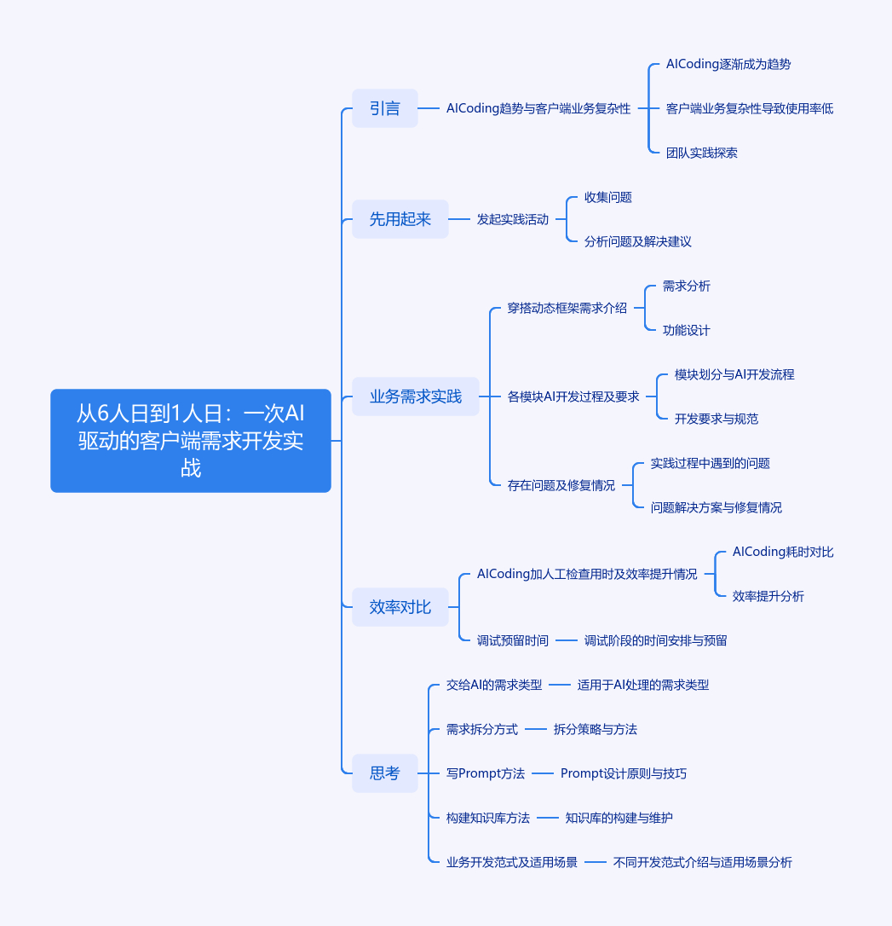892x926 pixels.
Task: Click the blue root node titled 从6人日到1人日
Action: coord(191,441)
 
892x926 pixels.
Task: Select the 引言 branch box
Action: coord(384,108)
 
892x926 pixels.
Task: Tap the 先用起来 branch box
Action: coord(400,219)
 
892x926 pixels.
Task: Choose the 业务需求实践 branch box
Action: coord(415,396)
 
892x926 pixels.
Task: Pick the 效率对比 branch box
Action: coord(400,607)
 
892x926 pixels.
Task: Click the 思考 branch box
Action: coord(384,773)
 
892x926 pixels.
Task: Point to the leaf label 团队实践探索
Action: coord(701,153)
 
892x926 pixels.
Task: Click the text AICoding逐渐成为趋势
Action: coord(728,64)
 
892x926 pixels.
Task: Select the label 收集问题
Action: coord(607,197)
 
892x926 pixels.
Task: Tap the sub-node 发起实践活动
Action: coord(513,220)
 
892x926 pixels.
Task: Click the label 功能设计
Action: coord(686,331)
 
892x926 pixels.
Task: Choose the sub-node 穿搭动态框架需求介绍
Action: coord(567,309)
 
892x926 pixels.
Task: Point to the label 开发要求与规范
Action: coord(716,420)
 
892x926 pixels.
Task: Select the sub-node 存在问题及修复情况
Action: coord(561,485)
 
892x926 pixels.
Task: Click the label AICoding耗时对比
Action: coord(783,553)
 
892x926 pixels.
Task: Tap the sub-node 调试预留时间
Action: coord(513,640)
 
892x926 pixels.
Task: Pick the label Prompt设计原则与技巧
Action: coord(624,773)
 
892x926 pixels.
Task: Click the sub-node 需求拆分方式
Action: coord(482,729)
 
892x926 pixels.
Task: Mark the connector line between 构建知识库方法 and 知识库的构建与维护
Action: coord(548,818)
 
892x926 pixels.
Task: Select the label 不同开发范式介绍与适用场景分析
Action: coord(703,862)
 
